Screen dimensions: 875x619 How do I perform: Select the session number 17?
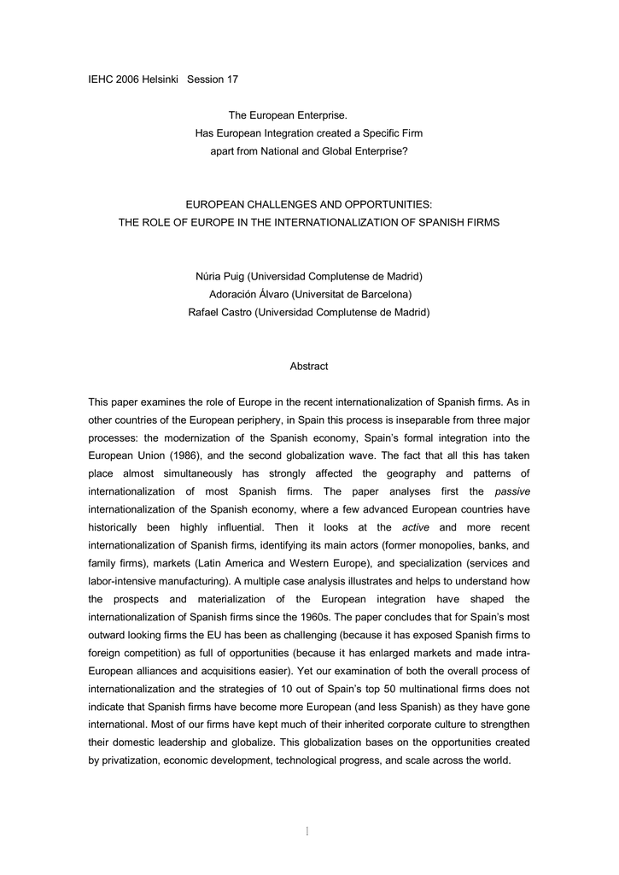(x=231, y=79)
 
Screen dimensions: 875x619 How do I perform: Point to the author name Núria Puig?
(x=219, y=277)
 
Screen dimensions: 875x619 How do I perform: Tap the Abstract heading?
(x=309, y=366)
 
